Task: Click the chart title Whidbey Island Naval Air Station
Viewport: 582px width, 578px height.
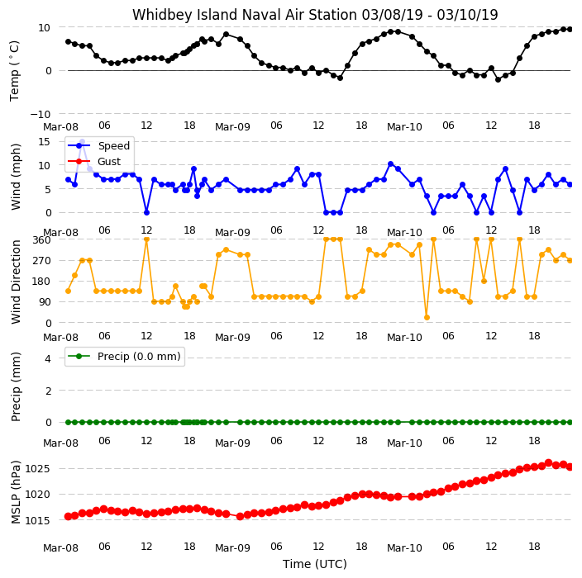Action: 245,15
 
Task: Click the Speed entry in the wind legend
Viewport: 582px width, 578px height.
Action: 113,145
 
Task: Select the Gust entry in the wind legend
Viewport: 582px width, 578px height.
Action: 109,161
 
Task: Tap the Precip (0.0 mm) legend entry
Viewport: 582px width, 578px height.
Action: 139,356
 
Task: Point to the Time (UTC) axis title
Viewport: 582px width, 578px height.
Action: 315,564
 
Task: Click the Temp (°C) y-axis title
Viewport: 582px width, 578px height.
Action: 15,71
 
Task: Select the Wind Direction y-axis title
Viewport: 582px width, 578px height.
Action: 16,282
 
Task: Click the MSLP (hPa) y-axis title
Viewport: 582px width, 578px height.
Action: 16,491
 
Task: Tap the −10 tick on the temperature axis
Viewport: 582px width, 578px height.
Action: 41,114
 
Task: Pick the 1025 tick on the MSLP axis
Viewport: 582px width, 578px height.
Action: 37,469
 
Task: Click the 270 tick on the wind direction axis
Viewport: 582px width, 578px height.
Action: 41,261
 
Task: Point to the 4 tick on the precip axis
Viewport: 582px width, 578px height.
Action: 48,358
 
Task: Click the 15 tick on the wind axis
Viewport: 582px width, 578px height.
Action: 44,142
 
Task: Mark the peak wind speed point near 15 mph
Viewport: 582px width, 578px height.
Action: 83,142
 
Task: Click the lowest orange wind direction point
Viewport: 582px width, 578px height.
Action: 427,317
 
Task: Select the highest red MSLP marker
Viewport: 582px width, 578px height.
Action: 549,462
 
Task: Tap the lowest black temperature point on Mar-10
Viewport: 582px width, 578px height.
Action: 499,80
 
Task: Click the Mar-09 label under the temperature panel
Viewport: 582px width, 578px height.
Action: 232,127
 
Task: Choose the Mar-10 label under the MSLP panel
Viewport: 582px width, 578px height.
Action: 404,547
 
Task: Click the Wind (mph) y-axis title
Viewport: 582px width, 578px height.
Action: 16,177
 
